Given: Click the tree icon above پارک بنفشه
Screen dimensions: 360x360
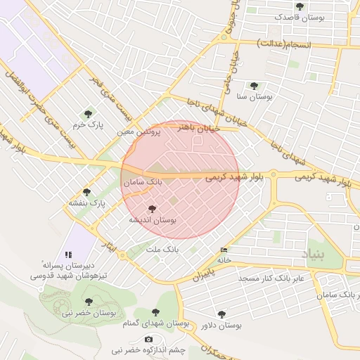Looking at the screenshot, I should point(87,192).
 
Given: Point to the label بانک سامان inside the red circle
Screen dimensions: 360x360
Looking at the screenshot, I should point(143,181).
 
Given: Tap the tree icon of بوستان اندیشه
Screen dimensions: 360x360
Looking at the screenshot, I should point(152,208).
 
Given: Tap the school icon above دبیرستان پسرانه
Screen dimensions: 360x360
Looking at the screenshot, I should point(68,254).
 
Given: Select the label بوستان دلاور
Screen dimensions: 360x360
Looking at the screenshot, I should point(221,326).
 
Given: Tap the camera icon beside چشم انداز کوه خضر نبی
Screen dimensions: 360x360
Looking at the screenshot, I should point(148,340).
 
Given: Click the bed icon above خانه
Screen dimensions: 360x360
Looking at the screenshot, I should point(224,250).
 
